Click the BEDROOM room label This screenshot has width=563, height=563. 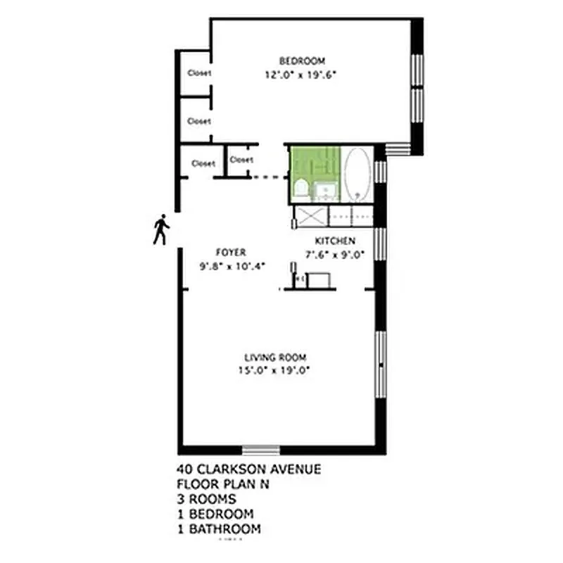click(x=302, y=61)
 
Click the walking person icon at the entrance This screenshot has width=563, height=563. click(x=161, y=229)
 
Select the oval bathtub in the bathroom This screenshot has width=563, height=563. click(x=357, y=174)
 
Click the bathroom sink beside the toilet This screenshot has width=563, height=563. click(x=326, y=189)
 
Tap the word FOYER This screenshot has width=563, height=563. click(x=230, y=253)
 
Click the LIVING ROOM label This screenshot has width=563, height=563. click(x=275, y=357)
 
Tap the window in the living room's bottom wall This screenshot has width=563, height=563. click(x=261, y=449)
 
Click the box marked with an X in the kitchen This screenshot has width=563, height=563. click(x=310, y=215)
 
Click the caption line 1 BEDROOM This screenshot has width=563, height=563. click(x=215, y=514)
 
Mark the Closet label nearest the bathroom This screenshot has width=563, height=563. click(x=241, y=160)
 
